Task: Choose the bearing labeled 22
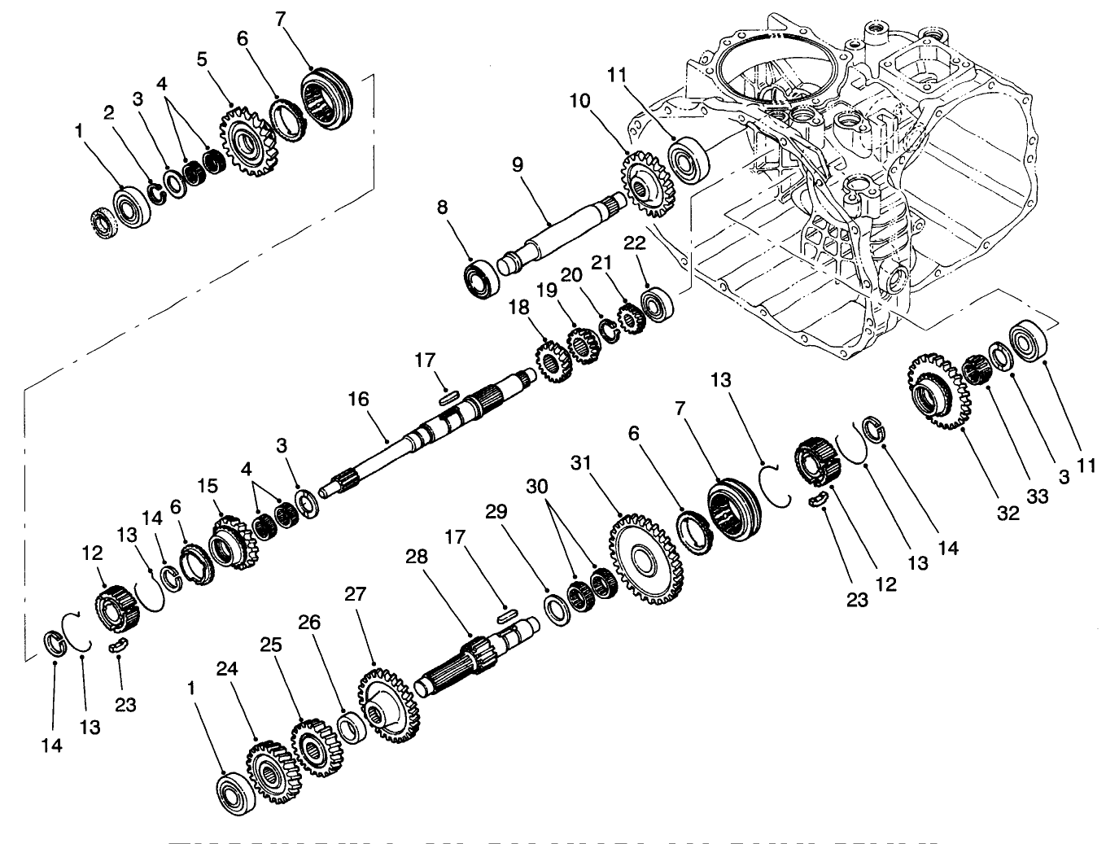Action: pos(655,304)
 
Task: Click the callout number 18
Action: pos(518,307)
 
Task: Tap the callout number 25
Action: pos(270,645)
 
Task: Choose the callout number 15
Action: pos(208,485)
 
